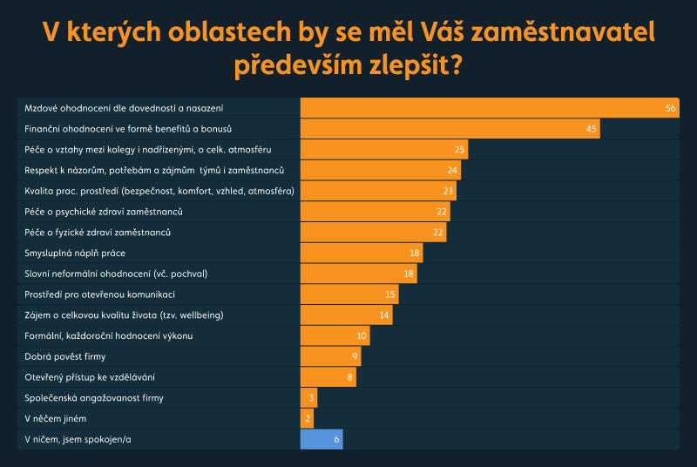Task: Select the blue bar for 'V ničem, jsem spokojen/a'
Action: [x=321, y=440]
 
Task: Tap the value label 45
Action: [x=592, y=129]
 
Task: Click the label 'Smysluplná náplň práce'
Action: [x=75, y=253]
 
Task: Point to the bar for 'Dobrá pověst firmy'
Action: [x=330, y=356]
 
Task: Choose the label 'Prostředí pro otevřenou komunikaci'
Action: [x=100, y=294]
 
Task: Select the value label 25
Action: [x=459, y=150]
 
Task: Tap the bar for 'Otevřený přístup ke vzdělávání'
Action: [x=328, y=377]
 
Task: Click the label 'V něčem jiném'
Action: [x=55, y=419]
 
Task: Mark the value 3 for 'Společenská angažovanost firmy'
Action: [x=311, y=398]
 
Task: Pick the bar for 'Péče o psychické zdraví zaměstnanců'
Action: [x=375, y=212]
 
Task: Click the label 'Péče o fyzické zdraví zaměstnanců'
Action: [x=97, y=233]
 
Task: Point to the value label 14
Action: [x=384, y=315]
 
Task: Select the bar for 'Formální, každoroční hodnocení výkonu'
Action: [x=335, y=336]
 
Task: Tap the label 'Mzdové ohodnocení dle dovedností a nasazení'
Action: [x=124, y=108]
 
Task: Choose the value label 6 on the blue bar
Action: [x=336, y=440]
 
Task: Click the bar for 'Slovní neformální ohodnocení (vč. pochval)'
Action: [x=358, y=274]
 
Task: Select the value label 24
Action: [x=452, y=170]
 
